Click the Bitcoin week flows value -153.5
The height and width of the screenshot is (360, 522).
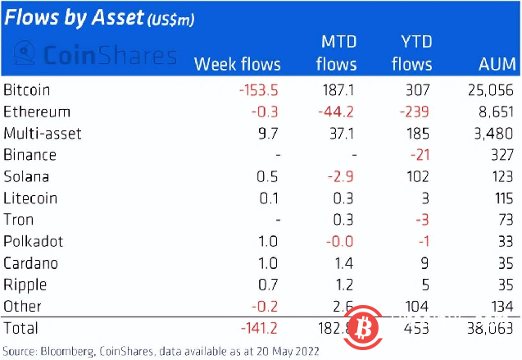coord(257,89)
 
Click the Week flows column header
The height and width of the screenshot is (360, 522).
coord(237,64)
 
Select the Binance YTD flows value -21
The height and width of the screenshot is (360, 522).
coord(420,155)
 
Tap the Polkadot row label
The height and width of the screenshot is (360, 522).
coord(32,242)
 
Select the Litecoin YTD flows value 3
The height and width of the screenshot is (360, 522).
coord(427,198)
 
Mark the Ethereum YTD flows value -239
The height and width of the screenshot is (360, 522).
coord(416,112)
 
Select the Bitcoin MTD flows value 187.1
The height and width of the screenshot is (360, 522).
coord(337,89)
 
